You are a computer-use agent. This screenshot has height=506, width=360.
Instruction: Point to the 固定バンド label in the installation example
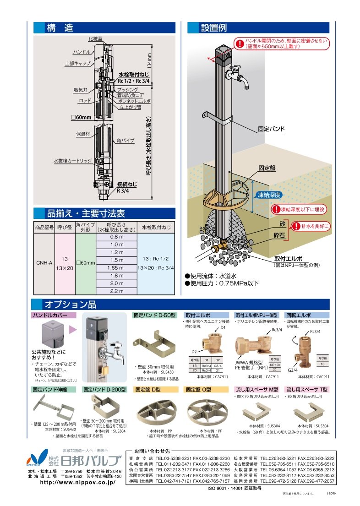tap(271, 130)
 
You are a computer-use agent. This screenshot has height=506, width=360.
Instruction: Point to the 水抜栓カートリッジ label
tap(73, 161)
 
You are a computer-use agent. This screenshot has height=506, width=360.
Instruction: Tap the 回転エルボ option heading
tap(299, 316)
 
